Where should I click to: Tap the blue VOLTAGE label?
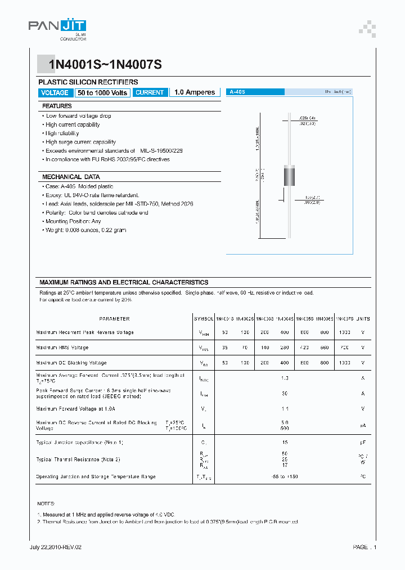click(x=55, y=92)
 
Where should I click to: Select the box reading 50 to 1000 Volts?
click(x=103, y=92)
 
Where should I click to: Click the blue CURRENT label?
click(x=150, y=92)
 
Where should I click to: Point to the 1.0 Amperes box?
click(x=195, y=92)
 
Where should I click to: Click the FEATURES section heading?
click(x=57, y=106)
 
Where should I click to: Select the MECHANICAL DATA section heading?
click(x=71, y=176)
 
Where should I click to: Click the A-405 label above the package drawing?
click(x=236, y=91)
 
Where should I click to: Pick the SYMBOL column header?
click(x=203, y=319)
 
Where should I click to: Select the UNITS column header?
click(x=363, y=319)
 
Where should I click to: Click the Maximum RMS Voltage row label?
click(x=62, y=348)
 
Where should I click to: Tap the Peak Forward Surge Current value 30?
click(x=285, y=394)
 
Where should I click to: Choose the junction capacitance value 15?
click(x=285, y=443)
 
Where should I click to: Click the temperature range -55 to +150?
click(x=285, y=477)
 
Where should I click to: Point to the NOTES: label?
click(x=46, y=503)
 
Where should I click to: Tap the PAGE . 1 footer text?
click(x=364, y=547)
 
